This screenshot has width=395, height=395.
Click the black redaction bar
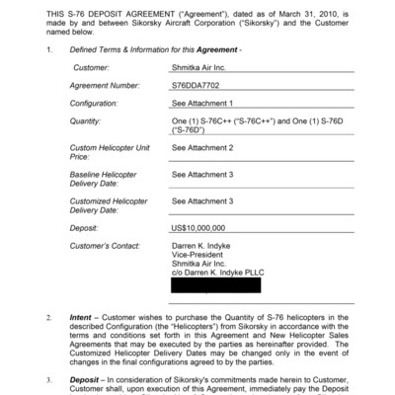click(215, 286)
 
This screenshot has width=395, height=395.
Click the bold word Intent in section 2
click(81, 318)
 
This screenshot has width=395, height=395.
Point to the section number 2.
click(50, 318)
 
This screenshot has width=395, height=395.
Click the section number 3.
click(50, 380)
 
